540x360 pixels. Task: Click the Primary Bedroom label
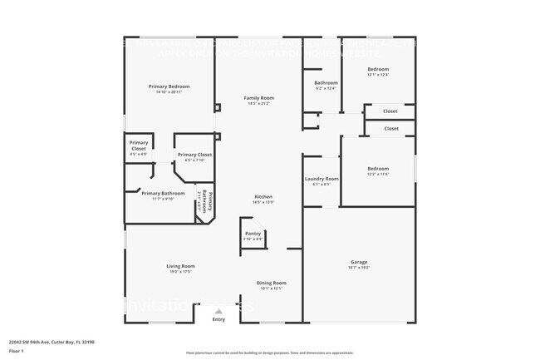click(169, 87)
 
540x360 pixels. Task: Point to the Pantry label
click(253, 234)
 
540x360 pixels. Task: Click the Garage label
click(359, 262)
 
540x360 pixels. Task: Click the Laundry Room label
click(322, 179)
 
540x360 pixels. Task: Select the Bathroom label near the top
click(326, 83)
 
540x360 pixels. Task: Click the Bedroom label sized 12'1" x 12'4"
click(378, 69)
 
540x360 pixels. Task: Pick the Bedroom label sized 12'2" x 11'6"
click(378, 169)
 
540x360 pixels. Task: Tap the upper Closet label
click(390, 111)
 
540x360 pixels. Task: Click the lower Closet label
click(390, 129)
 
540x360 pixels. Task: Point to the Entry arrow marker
click(218, 311)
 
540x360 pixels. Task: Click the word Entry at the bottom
click(218, 319)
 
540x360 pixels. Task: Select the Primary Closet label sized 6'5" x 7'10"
click(194, 155)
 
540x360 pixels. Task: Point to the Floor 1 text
click(17, 351)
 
